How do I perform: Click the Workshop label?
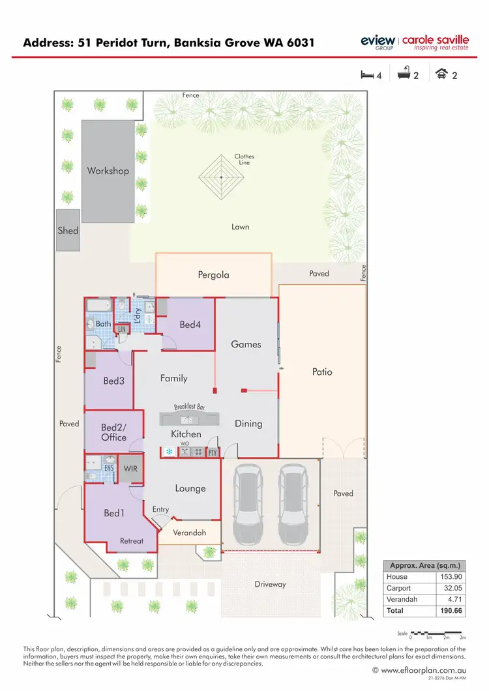click(x=108, y=171)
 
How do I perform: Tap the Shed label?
click(x=68, y=230)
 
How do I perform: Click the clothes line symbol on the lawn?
click(x=221, y=177)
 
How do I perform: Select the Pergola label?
click(x=214, y=274)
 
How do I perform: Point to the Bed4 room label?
click(x=190, y=324)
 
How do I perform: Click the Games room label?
click(x=246, y=344)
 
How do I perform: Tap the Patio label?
click(x=322, y=372)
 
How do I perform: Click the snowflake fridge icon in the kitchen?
click(x=169, y=451)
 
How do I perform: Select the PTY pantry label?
click(x=213, y=452)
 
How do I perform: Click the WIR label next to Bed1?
click(x=131, y=468)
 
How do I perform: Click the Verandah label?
click(x=190, y=533)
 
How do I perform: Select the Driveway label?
click(x=270, y=584)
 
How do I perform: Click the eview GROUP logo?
click(x=378, y=42)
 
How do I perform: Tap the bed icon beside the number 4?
click(x=367, y=75)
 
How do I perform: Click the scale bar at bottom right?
click(x=436, y=633)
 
